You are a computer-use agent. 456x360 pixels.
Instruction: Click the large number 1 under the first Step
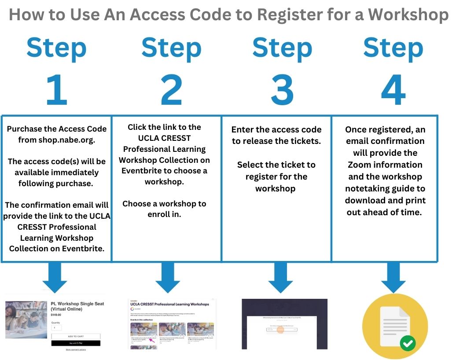click(56, 90)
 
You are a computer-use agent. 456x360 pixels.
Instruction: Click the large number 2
click(171, 90)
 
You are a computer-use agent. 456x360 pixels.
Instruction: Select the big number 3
click(282, 90)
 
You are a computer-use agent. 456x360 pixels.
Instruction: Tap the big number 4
click(393, 90)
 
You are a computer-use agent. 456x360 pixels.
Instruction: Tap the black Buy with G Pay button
click(76, 343)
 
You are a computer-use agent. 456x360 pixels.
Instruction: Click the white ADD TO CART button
click(76, 336)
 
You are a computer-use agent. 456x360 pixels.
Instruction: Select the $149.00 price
click(56, 315)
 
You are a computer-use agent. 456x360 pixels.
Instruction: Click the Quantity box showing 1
click(56, 328)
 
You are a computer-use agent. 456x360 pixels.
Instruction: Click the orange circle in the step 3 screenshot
click(280, 329)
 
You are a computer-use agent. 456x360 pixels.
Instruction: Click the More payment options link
click(76, 349)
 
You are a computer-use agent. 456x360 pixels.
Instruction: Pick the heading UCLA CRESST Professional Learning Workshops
click(169, 304)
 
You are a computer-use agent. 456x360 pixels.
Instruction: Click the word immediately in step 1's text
click(79, 173)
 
